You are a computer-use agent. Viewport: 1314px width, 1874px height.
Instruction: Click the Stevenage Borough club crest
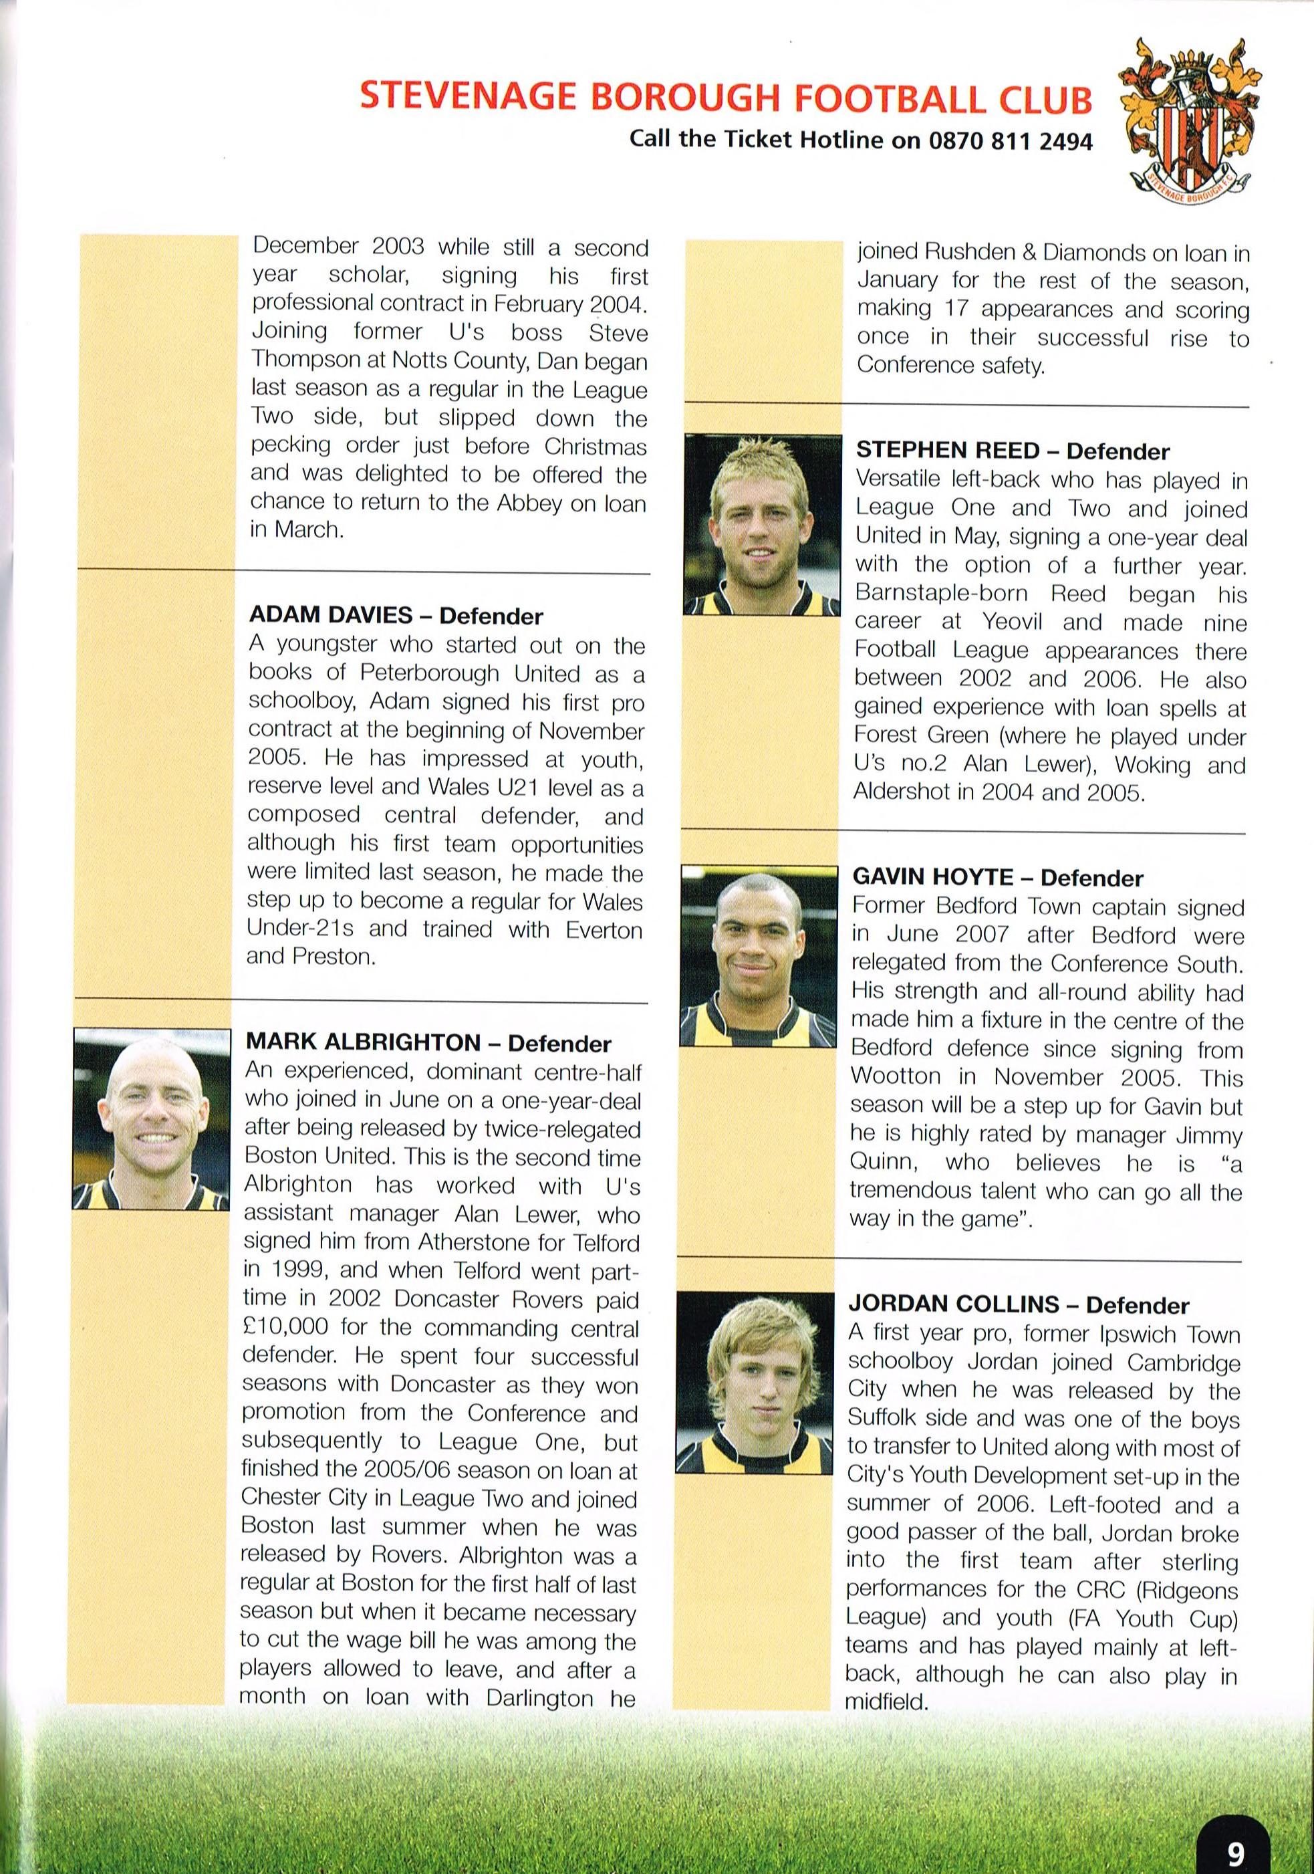click(x=1192, y=119)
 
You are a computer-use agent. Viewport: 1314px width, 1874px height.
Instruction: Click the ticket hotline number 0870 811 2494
click(x=1011, y=140)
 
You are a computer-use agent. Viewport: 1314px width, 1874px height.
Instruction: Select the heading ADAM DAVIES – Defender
click(x=395, y=615)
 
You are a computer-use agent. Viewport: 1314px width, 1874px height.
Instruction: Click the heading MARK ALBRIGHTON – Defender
click(x=428, y=1042)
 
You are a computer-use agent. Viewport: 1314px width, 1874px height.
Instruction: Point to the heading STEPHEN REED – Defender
click(x=1012, y=451)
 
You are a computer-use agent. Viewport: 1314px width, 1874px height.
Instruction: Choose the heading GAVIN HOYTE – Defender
click(x=997, y=877)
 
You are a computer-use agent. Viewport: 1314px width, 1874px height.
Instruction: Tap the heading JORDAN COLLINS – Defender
click(x=1019, y=1304)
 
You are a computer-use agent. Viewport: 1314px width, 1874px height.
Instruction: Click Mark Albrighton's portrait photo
click(x=151, y=1119)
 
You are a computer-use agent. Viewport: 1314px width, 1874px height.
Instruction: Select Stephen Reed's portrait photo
click(x=761, y=523)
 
